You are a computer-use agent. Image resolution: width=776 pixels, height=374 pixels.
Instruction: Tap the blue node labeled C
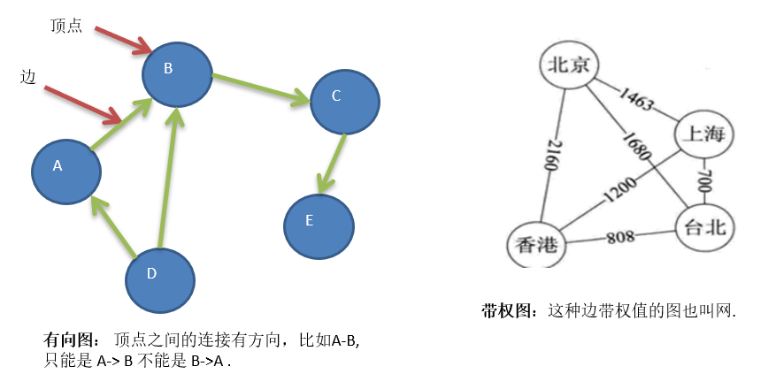tap(345, 100)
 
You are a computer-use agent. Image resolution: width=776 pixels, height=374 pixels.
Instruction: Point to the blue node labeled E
tap(319, 223)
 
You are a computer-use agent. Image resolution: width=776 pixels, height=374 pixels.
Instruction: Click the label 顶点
tap(66, 26)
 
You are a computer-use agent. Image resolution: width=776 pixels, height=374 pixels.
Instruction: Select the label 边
tap(27, 77)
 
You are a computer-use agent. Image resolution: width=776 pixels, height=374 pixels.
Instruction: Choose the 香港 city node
tap(537, 244)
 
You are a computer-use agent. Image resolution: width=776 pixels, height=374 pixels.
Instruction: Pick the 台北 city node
tap(705, 227)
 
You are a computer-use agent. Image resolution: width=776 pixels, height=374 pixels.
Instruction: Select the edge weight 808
tap(620, 238)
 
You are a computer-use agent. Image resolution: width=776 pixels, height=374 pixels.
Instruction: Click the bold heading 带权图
tap(509, 310)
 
